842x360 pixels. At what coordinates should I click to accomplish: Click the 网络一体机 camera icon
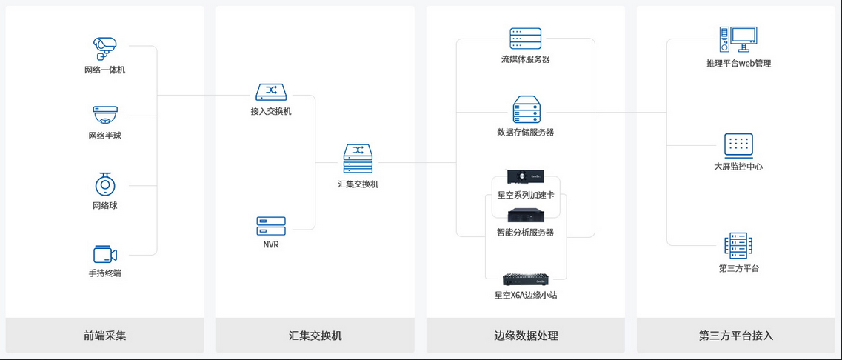[105, 49]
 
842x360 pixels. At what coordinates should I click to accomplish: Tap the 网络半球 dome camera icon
[105, 115]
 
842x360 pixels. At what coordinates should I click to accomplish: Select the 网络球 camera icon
[105, 184]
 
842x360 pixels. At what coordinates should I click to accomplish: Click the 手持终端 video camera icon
[105, 254]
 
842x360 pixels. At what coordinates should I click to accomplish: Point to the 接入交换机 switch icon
[271, 91]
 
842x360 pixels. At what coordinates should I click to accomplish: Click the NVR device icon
[271, 226]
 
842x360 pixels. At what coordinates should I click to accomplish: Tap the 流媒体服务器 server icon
[525, 39]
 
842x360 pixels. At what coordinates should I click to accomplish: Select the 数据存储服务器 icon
[525, 110]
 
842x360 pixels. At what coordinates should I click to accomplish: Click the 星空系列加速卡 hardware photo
[525, 176]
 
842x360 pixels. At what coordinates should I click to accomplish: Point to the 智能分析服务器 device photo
[525, 215]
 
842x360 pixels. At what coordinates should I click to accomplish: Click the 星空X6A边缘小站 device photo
[525, 280]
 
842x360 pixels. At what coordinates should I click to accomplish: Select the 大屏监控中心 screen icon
[738, 145]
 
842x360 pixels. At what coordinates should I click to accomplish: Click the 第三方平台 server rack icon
[738, 245]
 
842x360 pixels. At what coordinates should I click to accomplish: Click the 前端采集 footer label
[105, 336]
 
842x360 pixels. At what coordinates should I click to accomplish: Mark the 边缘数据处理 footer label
[525, 336]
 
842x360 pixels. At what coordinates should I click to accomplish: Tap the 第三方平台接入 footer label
[735, 336]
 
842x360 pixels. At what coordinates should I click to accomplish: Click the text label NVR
[271, 244]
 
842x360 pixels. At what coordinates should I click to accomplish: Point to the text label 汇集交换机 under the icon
[358, 184]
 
